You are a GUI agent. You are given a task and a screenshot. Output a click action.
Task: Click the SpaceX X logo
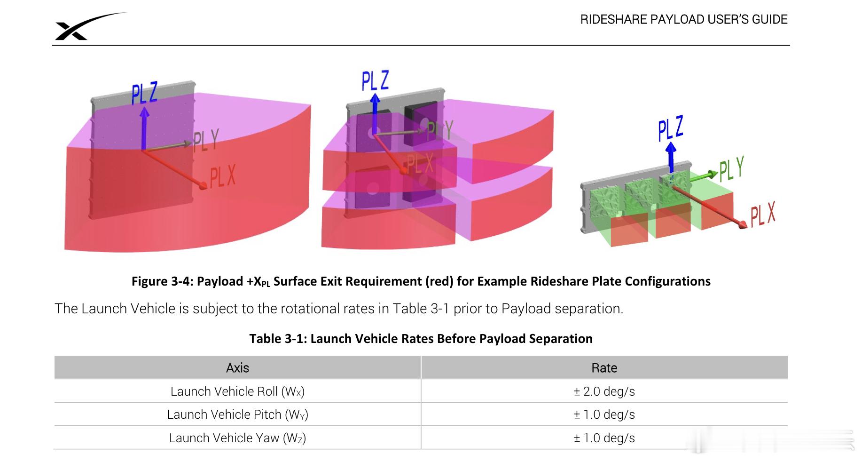(75, 30)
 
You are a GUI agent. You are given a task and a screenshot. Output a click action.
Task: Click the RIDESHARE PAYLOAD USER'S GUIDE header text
(683, 19)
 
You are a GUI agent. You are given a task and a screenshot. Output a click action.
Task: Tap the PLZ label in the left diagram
(144, 93)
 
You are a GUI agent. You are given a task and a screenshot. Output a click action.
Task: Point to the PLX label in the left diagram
(222, 177)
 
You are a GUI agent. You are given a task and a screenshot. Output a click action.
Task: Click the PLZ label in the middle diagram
(375, 81)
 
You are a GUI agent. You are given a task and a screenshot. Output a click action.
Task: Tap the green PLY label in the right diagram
(732, 169)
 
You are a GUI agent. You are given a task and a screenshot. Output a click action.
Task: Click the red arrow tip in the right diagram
(743, 226)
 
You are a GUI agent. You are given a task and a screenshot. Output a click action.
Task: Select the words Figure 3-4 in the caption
(160, 281)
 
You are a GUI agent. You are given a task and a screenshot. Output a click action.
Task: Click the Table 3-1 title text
(421, 339)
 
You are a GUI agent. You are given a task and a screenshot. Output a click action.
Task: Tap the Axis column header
(237, 368)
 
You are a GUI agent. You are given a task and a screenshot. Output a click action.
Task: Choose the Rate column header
(604, 368)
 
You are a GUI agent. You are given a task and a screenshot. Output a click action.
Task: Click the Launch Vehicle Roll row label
(237, 391)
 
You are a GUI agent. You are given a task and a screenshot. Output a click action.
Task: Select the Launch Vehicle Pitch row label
(237, 414)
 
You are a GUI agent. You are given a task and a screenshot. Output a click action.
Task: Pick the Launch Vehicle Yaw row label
(237, 438)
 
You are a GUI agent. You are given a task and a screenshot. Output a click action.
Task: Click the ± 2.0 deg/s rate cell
(604, 391)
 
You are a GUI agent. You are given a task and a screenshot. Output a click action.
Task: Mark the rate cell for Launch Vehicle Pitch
(604, 414)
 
